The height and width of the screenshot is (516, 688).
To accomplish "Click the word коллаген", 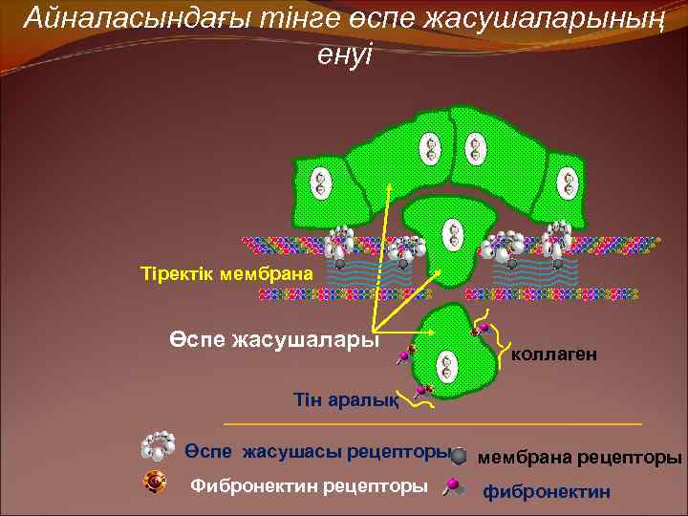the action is coord(554,355).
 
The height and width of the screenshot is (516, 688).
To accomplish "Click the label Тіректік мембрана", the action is coord(226,274).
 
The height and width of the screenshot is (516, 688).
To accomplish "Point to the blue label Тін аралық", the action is coord(346,400).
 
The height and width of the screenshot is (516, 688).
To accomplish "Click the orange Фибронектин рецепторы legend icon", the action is coord(155,484).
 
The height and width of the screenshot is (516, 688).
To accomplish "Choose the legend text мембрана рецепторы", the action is coord(579,458).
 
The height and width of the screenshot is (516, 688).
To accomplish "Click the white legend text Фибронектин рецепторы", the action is coord(309,485).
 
